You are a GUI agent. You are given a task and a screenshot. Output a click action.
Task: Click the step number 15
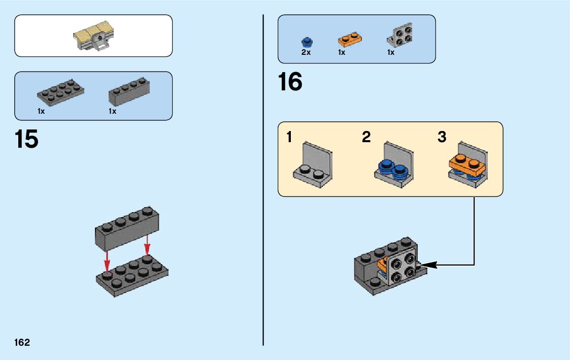coord(26,139)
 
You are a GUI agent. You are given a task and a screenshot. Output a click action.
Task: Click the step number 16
coord(290,82)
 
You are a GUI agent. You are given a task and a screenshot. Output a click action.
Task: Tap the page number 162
coord(22,342)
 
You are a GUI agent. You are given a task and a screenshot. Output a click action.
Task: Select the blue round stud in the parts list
coord(306,41)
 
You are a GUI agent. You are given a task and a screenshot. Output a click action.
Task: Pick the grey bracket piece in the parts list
coord(400,36)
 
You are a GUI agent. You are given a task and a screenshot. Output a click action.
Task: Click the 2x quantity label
coord(306,52)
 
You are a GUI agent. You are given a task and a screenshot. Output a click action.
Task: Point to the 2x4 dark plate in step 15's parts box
coord(60,92)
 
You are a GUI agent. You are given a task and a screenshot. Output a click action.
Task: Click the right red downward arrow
coord(147,246)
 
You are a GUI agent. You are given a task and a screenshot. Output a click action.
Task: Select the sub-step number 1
coord(289,137)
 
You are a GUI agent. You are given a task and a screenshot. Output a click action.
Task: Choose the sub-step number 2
coord(366,137)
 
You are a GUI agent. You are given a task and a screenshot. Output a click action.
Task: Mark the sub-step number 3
coord(442,137)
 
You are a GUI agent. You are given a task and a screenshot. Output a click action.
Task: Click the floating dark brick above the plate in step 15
coord(127,228)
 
